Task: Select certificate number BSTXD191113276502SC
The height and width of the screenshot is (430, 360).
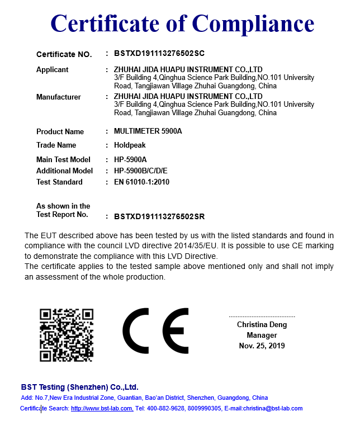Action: (159, 54)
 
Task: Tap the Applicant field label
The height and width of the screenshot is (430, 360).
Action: (53, 70)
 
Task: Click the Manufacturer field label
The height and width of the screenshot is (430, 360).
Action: (59, 97)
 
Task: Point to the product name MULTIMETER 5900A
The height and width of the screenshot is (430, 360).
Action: (148, 131)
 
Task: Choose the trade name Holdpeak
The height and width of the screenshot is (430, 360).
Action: (130, 145)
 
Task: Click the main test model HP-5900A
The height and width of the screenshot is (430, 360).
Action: (130, 160)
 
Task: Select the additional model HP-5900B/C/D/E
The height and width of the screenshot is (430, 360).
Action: (140, 171)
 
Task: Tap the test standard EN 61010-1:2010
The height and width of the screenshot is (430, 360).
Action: (141, 182)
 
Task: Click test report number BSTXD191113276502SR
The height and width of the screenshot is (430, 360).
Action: (159, 216)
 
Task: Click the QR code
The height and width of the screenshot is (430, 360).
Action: (66, 335)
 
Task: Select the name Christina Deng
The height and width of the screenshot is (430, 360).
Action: (262, 325)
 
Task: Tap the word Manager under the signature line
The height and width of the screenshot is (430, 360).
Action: (262, 336)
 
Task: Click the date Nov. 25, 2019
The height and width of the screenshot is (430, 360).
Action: (262, 346)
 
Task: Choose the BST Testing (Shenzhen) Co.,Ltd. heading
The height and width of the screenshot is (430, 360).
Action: (79, 387)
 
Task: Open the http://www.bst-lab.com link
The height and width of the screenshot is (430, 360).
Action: (102, 408)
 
